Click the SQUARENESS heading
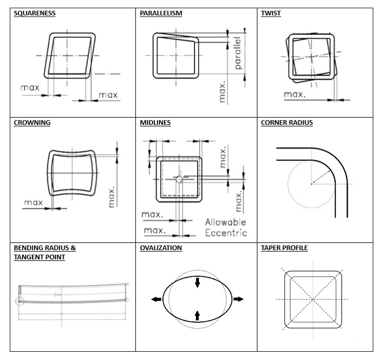[x=34, y=13]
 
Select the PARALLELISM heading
[x=161, y=13]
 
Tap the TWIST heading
[x=271, y=13]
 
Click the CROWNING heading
[x=32, y=123]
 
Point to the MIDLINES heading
[x=155, y=123]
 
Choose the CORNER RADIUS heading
[x=287, y=123]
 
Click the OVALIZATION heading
[x=161, y=248]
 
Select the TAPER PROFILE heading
[x=284, y=248]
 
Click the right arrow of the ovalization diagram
[x=238, y=299]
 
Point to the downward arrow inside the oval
[x=197, y=282]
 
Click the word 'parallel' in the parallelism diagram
[x=237, y=53]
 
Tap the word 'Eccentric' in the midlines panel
[x=226, y=232]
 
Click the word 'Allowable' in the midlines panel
[x=226, y=222]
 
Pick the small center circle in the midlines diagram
[x=178, y=179]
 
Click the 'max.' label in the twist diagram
[x=295, y=94]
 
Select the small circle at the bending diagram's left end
[x=20, y=300]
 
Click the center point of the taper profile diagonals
[x=313, y=299]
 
